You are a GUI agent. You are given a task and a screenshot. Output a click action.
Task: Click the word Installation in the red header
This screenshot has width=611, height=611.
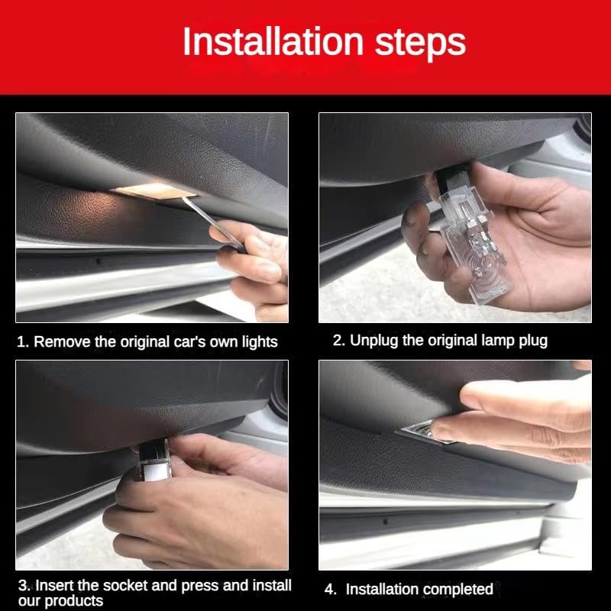(273, 41)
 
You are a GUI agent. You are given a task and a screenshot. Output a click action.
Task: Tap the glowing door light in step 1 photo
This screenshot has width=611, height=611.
(154, 191)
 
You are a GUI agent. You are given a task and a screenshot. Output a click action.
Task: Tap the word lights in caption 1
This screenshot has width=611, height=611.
(260, 342)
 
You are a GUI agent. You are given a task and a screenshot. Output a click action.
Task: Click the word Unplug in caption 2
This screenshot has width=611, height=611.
(374, 341)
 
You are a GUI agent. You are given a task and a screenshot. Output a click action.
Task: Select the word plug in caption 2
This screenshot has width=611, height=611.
(533, 341)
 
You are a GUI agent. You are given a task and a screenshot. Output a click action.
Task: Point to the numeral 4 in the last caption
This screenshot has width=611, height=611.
(330, 589)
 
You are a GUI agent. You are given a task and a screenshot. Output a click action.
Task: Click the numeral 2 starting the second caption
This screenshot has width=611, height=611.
(338, 340)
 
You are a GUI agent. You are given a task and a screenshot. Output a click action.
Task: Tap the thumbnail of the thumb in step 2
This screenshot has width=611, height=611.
(410, 216)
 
